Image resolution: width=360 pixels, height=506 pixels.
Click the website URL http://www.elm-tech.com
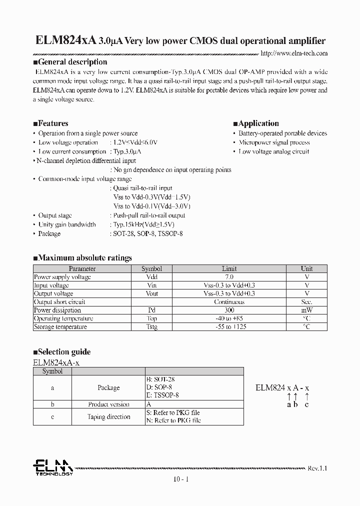point(294,53)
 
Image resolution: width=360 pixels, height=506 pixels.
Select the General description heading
point(70,62)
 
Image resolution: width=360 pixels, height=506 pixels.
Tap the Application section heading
point(256,123)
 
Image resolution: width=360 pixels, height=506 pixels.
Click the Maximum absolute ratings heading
point(82,258)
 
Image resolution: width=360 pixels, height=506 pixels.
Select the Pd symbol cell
point(152,310)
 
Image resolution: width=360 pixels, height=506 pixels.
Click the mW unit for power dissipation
point(306,310)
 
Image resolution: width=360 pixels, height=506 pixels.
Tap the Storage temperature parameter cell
point(60,327)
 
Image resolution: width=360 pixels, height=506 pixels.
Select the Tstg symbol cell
point(152,327)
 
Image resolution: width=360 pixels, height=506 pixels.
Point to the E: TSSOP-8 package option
point(162,395)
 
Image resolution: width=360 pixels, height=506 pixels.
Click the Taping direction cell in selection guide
point(108,417)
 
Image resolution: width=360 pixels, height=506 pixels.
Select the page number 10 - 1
point(180,479)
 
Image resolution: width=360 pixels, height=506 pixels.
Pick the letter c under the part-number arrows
point(306,404)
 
